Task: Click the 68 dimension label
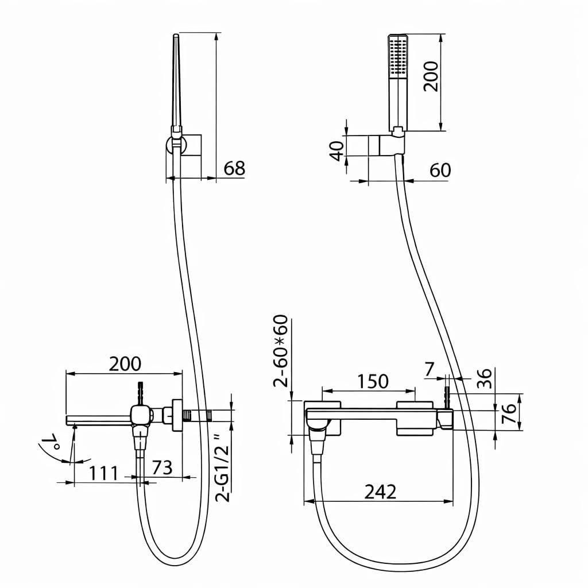click(x=234, y=168)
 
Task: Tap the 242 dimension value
click(x=380, y=492)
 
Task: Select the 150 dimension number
click(x=372, y=381)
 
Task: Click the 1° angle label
click(x=51, y=442)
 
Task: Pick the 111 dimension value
click(x=103, y=473)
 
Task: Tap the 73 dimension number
click(x=162, y=467)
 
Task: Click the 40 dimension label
click(x=337, y=151)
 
